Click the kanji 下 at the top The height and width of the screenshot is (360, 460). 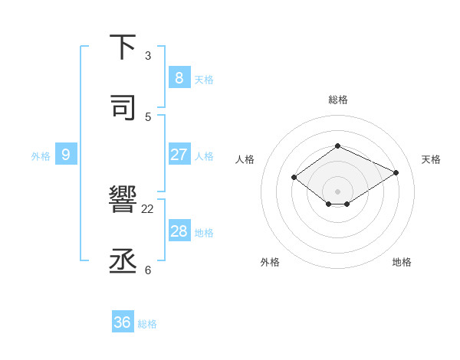(123, 48)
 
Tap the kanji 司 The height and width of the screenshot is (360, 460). (123, 108)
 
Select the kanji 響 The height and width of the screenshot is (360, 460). (123, 201)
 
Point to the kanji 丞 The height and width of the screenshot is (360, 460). (123, 261)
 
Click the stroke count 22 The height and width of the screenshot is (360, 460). (148, 208)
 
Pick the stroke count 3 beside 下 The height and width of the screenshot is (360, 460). (148, 56)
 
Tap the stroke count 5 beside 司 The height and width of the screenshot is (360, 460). (148, 116)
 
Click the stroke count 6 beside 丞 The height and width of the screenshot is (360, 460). (148, 270)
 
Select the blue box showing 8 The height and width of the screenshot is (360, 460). (179, 77)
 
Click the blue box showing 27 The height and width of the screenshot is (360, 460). (179, 154)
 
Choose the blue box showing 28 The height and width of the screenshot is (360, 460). (179, 231)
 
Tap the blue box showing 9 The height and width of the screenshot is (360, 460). (66, 154)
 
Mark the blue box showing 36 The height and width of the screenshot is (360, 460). (122, 322)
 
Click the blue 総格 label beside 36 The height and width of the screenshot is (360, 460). (147, 324)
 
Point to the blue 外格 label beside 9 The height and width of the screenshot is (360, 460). (41, 156)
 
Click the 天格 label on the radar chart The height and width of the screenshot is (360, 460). (431, 159)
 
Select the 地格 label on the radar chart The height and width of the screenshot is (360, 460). (402, 262)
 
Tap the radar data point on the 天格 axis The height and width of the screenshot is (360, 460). (396, 172)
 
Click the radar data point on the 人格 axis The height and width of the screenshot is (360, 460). (294, 178)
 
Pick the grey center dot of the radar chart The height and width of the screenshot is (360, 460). (337, 191)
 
